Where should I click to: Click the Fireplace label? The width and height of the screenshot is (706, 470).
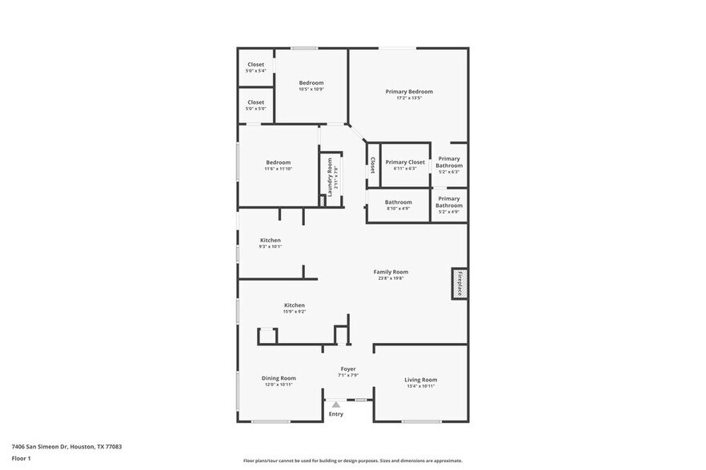pos(459,283)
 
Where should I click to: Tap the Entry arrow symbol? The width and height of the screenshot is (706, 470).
pos(336,405)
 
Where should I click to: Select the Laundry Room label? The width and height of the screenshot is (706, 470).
pos(329,177)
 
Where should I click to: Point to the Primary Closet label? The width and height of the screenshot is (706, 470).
pos(405,162)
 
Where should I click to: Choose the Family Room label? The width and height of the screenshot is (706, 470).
pos(391,272)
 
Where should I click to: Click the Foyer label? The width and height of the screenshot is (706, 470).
pos(347,368)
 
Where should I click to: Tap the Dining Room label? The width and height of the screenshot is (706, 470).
pos(279,378)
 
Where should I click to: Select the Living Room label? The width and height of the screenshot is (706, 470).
pos(420,380)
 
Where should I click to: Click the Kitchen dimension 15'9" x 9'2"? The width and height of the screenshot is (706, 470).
pos(295,312)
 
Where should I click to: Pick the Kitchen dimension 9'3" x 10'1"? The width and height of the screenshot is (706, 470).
pos(271,247)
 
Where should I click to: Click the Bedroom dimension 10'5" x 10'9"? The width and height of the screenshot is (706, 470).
pos(311,90)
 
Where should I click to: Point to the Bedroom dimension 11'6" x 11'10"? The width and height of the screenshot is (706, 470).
pos(279,169)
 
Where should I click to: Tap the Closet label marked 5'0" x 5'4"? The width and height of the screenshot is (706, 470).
pos(256,65)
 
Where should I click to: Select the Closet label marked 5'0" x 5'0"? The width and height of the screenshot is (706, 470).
pos(256,102)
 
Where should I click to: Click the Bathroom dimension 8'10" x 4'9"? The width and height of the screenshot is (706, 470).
pos(398,209)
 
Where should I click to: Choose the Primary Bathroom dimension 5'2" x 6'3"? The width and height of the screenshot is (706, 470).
pos(449,172)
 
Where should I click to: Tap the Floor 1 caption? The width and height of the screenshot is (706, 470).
pos(21,458)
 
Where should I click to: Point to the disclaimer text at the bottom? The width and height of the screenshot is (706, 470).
pos(352,460)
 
